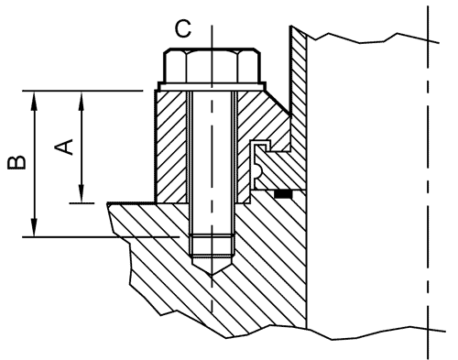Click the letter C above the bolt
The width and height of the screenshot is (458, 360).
pyautogui.click(x=183, y=29)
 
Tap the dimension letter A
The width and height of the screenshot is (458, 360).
pyautogui.click(x=64, y=147)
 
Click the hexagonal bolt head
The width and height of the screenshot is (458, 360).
pyautogui.click(x=213, y=65)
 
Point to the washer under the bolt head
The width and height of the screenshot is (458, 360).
pyautogui.click(x=212, y=86)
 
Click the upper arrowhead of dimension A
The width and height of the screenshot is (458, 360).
pyautogui.click(x=82, y=101)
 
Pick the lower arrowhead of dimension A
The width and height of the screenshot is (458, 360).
pyautogui.click(x=82, y=193)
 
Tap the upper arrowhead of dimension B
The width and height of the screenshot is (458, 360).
pyautogui.click(x=35, y=101)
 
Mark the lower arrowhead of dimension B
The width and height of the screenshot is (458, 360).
pyautogui.click(x=35, y=227)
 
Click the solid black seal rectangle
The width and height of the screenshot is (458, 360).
pyautogui.click(x=283, y=194)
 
